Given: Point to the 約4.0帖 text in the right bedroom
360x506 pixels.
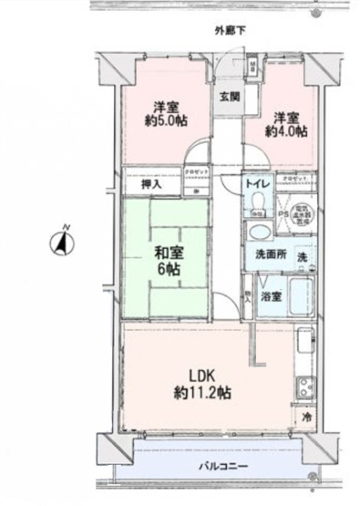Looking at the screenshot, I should pyautogui.click(x=286, y=130).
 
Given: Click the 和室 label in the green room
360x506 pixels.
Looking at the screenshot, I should pyautogui.click(x=167, y=252).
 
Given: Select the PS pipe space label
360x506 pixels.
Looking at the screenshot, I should pyautogui.click(x=283, y=214).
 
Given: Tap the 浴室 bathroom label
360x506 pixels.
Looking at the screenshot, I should pyautogui.click(x=271, y=297).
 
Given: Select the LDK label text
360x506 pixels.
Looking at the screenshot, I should pyautogui.click(x=201, y=377).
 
